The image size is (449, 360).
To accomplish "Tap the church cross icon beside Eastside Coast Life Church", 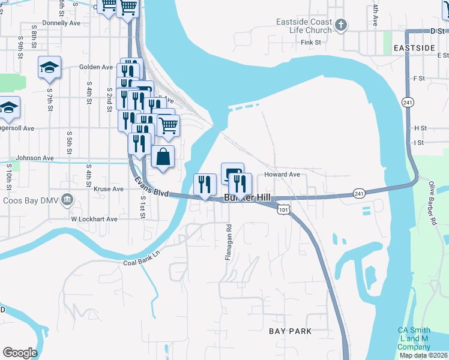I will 341,25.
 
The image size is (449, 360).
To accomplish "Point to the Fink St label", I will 312,43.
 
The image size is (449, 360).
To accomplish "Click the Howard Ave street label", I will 282,175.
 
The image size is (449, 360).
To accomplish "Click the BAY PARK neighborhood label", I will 290,331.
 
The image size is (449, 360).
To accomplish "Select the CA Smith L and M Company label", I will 414,339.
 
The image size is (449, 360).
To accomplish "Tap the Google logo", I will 20,353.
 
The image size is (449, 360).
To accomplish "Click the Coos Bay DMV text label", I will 30,200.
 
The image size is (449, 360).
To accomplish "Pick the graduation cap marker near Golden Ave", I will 49,67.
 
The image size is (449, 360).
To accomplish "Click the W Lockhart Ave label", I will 95,219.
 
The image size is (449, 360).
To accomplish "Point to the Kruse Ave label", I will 109,188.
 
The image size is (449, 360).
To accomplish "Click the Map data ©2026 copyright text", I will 424,355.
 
